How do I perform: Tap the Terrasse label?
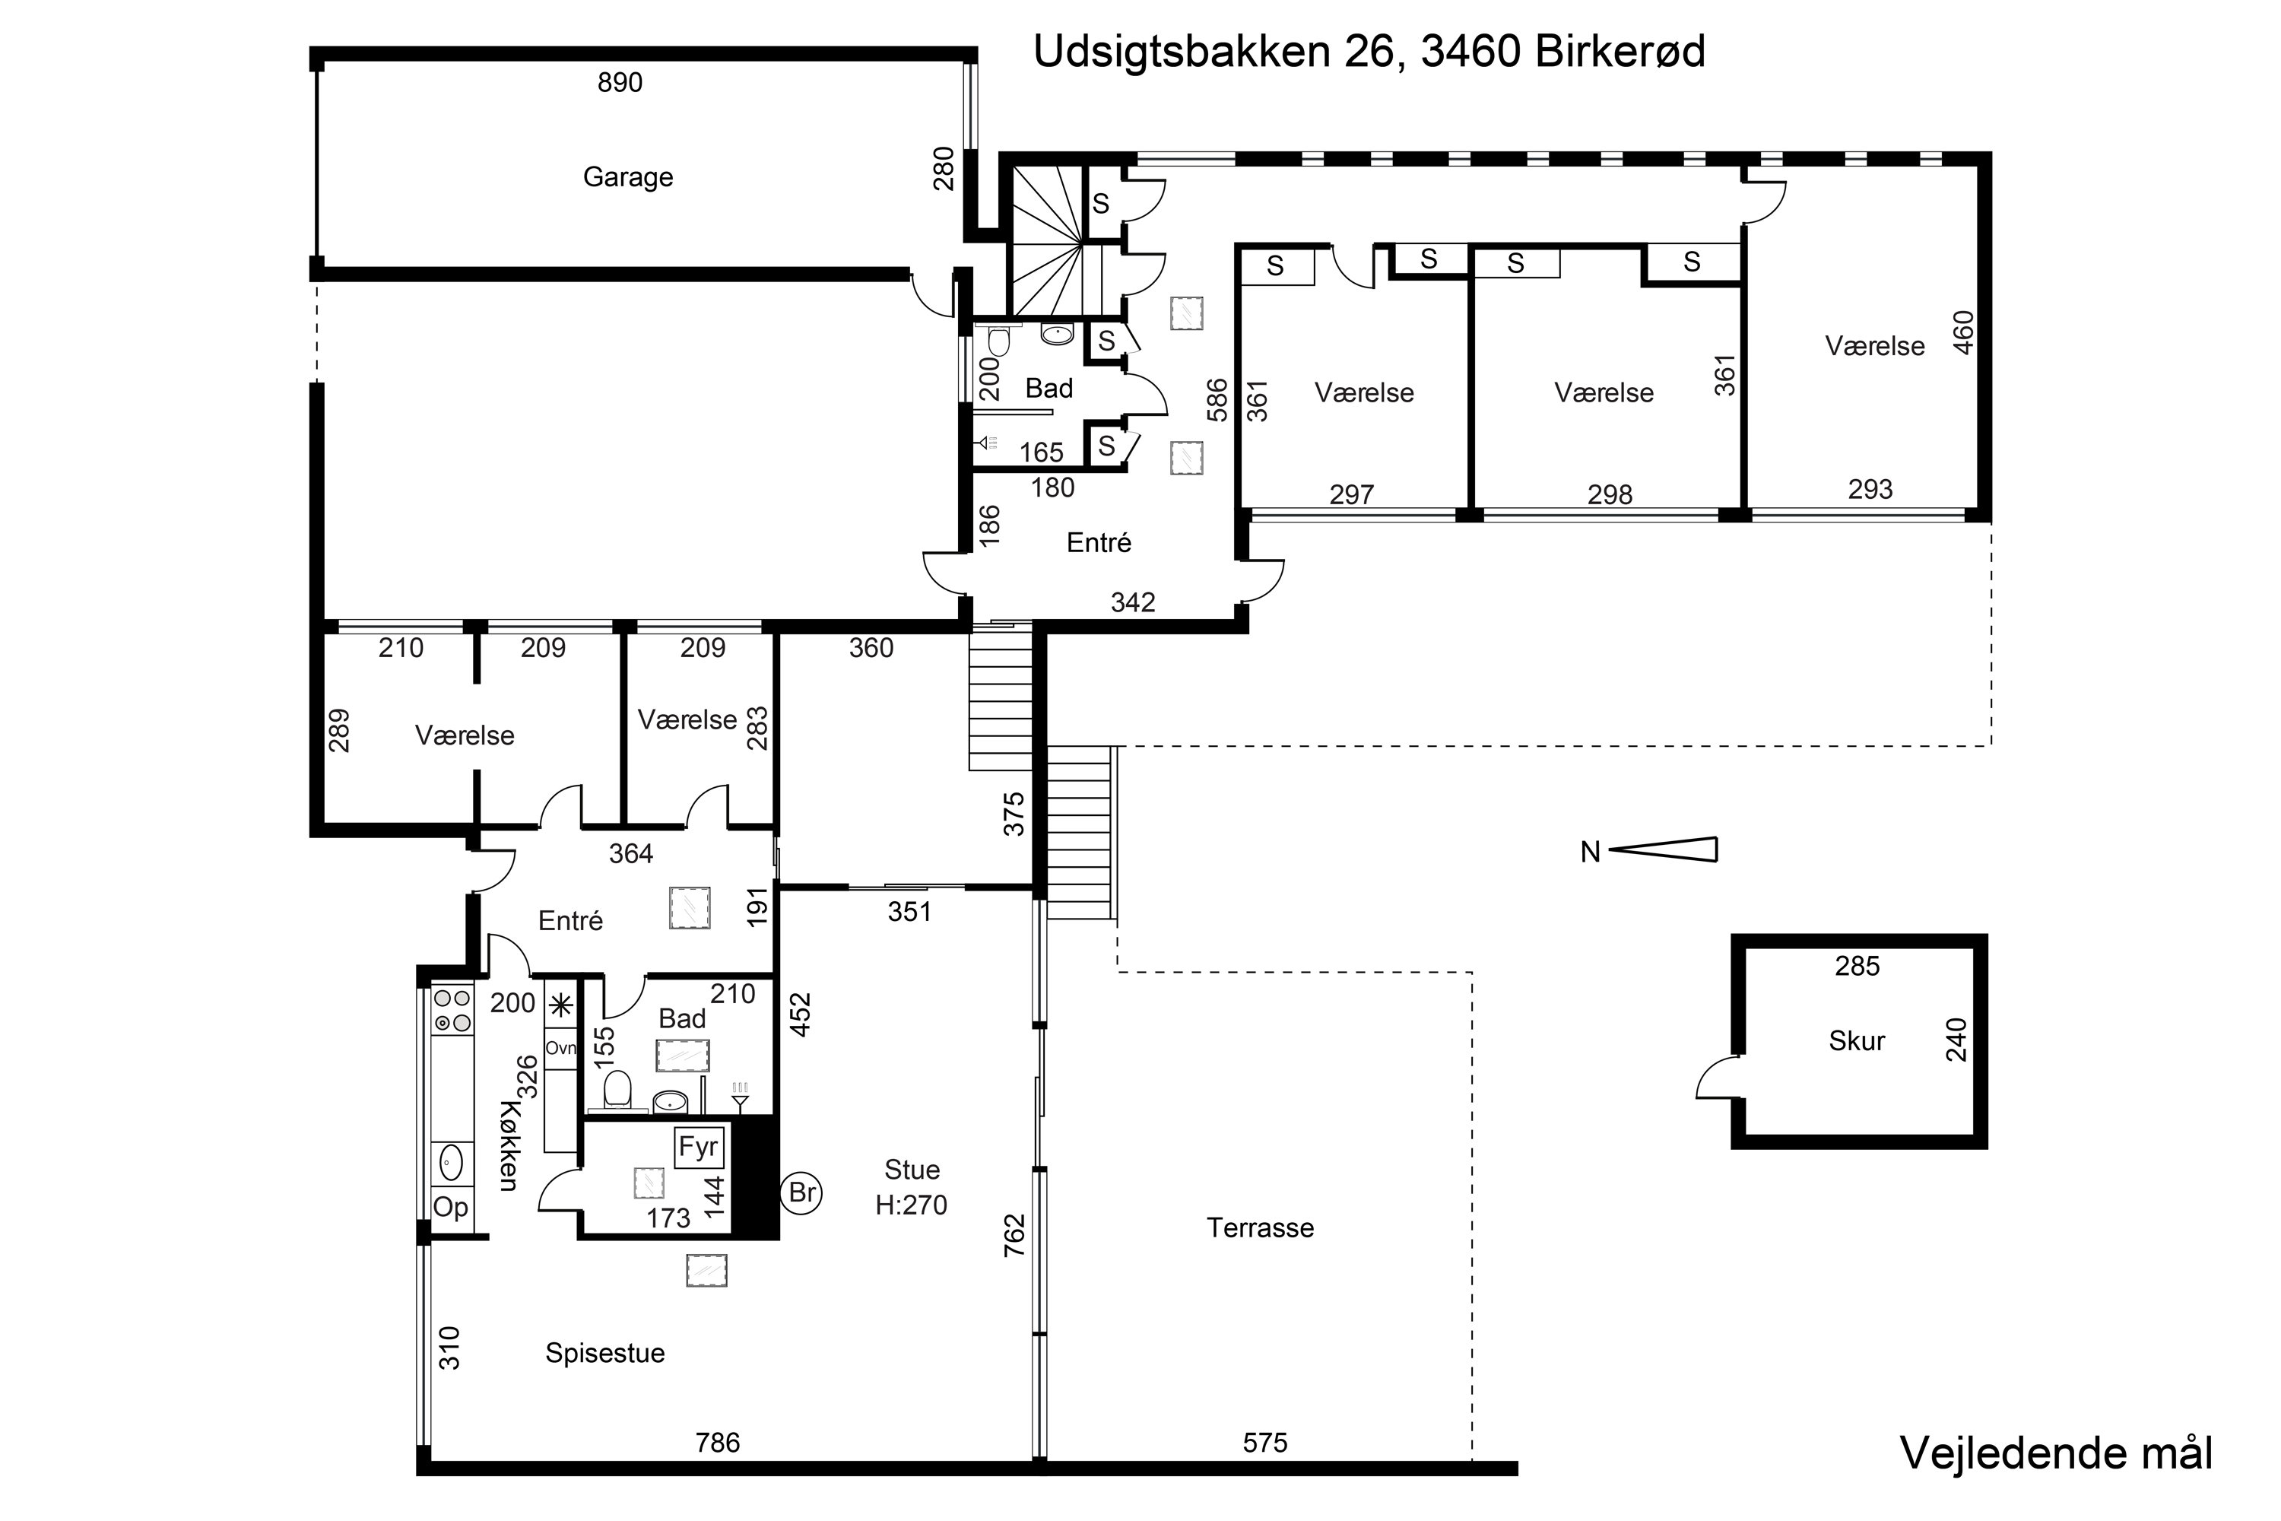(1260, 1228)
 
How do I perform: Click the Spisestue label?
(604, 1353)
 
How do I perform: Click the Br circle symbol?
(801, 1192)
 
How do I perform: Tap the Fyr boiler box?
(698, 1148)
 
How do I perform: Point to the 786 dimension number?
(718, 1443)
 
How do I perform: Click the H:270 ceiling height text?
(911, 1205)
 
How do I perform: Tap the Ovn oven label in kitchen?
(560, 1049)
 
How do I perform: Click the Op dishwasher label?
(450, 1208)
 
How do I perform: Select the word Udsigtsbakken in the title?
(1182, 52)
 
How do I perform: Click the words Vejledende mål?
(2056, 1454)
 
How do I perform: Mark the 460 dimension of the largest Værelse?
(1963, 333)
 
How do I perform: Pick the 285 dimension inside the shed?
(1857, 966)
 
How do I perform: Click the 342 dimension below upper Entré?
(1133, 602)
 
